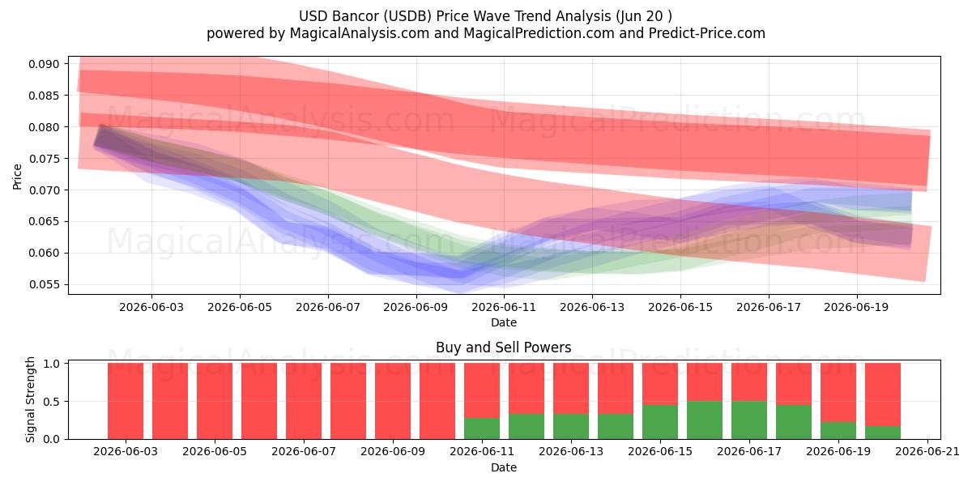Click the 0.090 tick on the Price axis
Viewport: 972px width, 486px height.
point(44,64)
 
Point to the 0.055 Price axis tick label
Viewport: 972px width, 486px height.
point(44,284)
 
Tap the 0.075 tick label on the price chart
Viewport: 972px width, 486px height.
point(44,159)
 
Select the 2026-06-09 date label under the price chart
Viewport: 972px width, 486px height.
point(416,307)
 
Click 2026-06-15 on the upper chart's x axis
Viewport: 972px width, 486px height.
point(680,307)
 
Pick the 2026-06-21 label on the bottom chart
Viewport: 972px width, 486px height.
point(927,451)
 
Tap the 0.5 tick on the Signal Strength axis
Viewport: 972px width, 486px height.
point(52,402)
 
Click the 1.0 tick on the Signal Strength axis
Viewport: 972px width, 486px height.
point(52,364)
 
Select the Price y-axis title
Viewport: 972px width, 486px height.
point(17,177)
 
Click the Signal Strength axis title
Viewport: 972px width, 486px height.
point(30,399)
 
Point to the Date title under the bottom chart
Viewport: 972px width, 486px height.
point(503,467)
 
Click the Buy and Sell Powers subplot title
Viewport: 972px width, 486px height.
point(503,347)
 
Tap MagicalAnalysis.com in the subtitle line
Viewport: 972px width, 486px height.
point(360,33)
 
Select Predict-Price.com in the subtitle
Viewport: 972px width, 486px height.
point(707,33)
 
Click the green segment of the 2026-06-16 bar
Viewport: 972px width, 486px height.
point(704,420)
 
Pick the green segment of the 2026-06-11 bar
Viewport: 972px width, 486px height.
point(482,428)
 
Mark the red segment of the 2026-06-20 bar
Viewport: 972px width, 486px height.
point(883,394)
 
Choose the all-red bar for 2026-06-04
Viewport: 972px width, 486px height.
point(169,401)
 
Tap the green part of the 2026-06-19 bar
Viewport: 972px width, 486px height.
point(838,430)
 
